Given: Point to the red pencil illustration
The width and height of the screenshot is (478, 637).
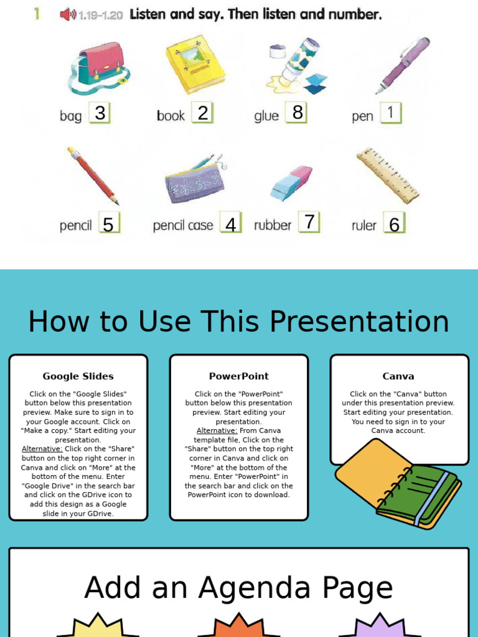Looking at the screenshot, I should pyautogui.click(x=93, y=176).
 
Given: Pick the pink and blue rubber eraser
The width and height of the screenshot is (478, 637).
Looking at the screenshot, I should pyautogui.click(x=291, y=183).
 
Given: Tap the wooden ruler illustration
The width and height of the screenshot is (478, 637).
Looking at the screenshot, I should pyautogui.click(x=387, y=175).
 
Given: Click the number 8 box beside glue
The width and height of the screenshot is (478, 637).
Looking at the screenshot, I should pyautogui.click(x=297, y=113).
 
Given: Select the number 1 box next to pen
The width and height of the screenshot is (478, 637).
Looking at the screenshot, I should pyautogui.click(x=391, y=113).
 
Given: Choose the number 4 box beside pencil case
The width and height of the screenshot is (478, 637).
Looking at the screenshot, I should pyautogui.click(x=231, y=224).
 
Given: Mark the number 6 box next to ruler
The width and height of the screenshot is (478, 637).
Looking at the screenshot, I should pyautogui.click(x=394, y=224).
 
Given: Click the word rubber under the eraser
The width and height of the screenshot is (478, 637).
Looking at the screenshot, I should pyautogui.click(x=273, y=225).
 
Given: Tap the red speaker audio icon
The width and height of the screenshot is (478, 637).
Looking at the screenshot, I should pyautogui.click(x=67, y=14).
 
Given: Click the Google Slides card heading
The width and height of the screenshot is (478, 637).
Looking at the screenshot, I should pyautogui.click(x=78, y=376).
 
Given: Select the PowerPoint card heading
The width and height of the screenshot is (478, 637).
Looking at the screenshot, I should pyautogui.click(x=239, y=376).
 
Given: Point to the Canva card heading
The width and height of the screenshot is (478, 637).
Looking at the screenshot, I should pyautogui.click(x=398, y=376).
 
